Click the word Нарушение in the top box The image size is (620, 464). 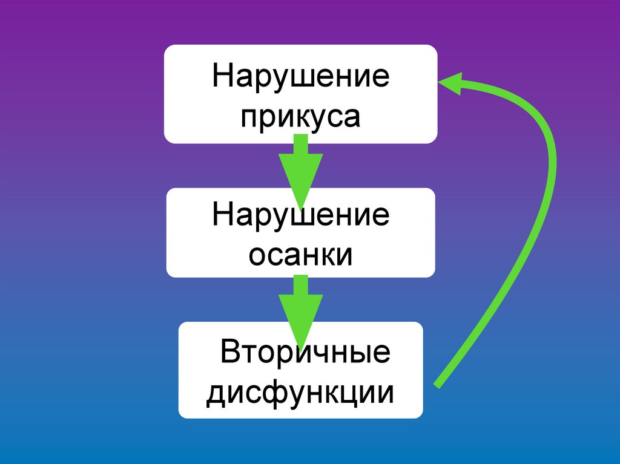coord(300,77)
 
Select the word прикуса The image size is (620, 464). coord(300,117)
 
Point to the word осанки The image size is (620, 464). coord(301,254)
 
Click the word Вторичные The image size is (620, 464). coord(305,353)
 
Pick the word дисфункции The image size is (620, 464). coord(300,393)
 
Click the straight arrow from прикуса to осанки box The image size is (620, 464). coord(300,166)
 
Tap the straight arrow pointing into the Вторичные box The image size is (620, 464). coord(300,306)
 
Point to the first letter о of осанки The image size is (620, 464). coord(256,255)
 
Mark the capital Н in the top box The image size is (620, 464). coord(221,77)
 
